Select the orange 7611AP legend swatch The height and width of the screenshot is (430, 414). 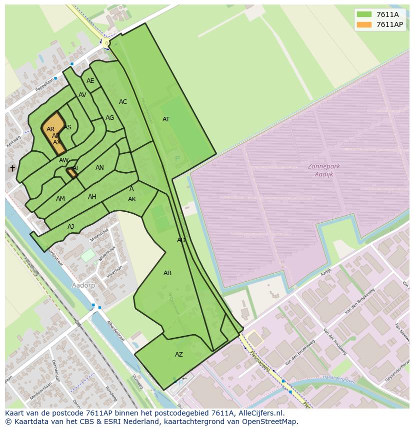point(364,24)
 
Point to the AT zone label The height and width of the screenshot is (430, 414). point(166,119)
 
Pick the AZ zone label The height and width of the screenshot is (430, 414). point(178,355)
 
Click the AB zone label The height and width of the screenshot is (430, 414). point(167,273)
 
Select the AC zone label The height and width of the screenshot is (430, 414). point(123,102)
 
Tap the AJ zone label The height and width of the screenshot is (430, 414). point(70,227)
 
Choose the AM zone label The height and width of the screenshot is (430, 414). point(60,199)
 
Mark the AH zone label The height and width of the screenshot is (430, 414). point(92,197)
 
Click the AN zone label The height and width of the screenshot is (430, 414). point(99,168)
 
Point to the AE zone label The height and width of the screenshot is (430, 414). point(90,81)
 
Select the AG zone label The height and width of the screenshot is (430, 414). point(109,118)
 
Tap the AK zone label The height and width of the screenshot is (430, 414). point(132,199)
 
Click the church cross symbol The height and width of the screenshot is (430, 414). point(12,169)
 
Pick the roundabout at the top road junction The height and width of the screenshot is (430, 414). point(106,43)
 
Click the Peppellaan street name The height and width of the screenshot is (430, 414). point(44,83)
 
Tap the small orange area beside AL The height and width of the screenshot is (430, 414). point(71,172)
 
